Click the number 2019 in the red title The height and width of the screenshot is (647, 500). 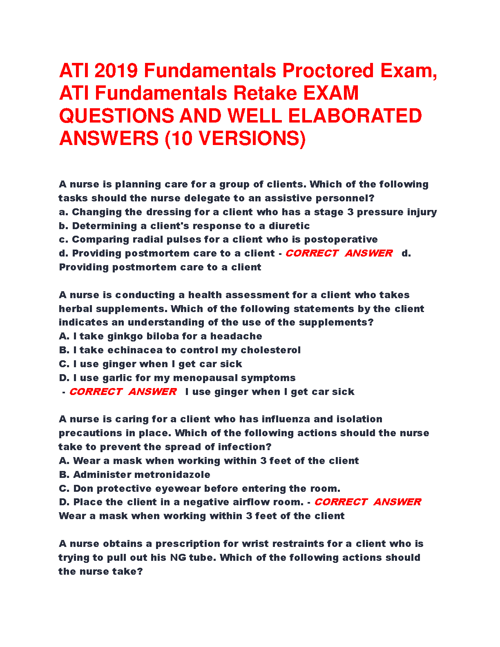pos(116,71)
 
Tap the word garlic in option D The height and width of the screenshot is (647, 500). pos(116,378)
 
